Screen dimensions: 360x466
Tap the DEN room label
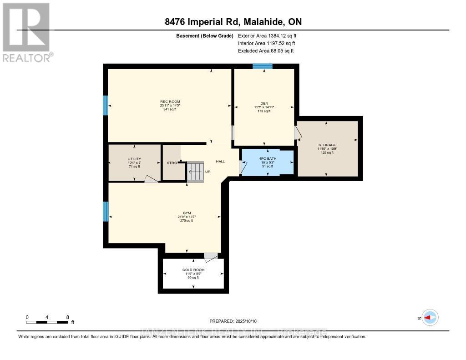tap(264, 103)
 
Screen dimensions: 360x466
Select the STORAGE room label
tap(327, 145)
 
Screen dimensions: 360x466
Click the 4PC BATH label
tap(268, 159)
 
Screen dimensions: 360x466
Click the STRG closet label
tap(172, 163)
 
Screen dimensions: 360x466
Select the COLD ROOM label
tap(193, 270)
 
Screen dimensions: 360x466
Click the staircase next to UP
tap(196, 172)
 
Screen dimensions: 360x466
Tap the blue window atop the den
tap(263, 66)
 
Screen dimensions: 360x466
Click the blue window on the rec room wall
tap(106, 105)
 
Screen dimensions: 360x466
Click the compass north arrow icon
tap(430, 318)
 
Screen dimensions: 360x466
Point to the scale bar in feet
tap(47, 322)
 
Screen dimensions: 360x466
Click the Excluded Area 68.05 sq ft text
tap(266, 51)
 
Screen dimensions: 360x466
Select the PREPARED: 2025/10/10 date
tap(233, 320)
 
